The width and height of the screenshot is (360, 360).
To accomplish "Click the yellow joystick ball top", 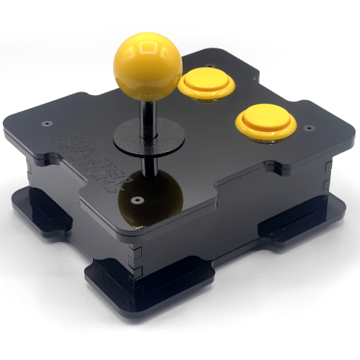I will (x=148, y=64).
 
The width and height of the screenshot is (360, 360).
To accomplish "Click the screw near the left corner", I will (x=48, y=123).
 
